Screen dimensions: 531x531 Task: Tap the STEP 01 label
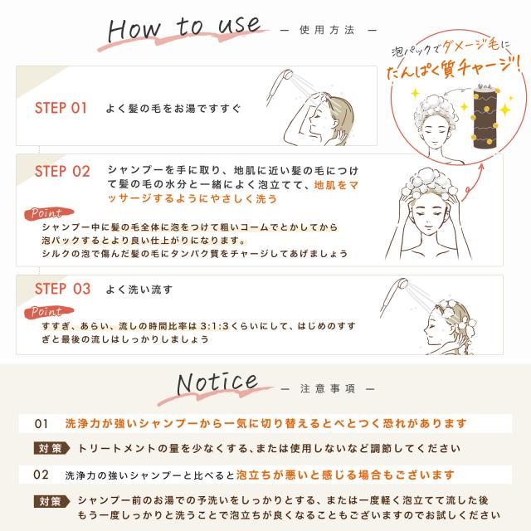click(61, 108)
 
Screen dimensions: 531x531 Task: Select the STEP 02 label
click(62, 172)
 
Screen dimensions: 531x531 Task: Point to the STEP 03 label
click(62, 290)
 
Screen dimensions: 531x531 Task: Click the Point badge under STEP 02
click(46, 213)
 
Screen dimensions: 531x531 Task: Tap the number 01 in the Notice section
click(41, 423)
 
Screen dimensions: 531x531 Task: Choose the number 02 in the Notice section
click(41, 475)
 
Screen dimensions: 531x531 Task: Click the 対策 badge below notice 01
click(49, 448)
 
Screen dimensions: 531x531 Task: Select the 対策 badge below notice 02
click(49, 501)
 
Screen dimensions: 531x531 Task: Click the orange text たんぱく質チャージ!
click(455, 73)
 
